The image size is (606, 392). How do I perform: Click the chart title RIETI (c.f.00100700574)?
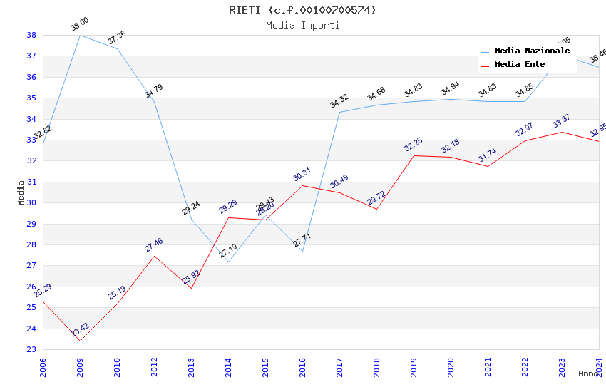(302, 10)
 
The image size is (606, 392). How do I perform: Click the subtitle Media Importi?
(302, 25)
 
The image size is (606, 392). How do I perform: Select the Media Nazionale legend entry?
(532, 51)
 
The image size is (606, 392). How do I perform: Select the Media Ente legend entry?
(520, 65)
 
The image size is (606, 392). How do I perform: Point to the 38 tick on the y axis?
(31, 35)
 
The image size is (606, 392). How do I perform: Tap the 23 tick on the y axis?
(31, 349)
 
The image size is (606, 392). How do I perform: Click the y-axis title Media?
(21, 192)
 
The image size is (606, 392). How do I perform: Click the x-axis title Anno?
(588, 373)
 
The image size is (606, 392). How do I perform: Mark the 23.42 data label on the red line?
(80, 331)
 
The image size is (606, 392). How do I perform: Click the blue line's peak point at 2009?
(80, 35)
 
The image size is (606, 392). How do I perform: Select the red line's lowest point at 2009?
(80, 341)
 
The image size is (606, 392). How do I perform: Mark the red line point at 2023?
(562, 132)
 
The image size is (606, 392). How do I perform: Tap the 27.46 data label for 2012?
(154, 245)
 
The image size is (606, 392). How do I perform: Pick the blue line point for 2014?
(228, 262)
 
